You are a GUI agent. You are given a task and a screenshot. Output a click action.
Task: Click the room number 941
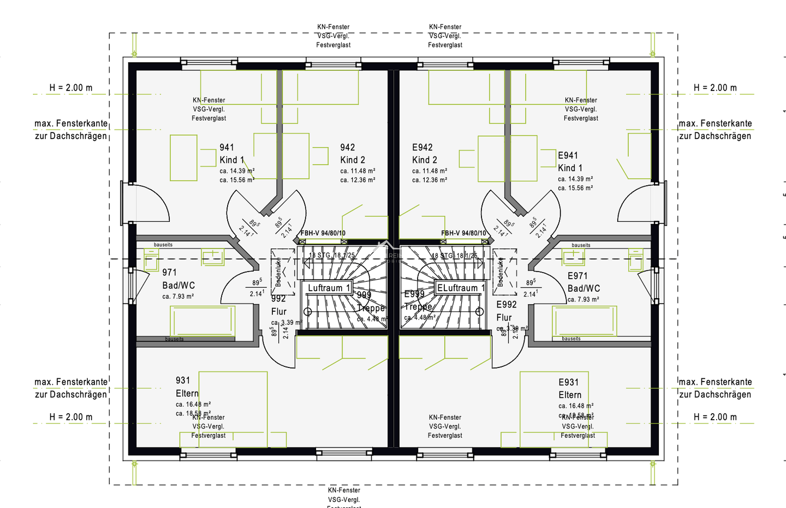(227, 148)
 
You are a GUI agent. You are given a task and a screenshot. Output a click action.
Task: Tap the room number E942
(422, 148)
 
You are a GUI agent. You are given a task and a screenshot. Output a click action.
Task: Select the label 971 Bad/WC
(178, 279)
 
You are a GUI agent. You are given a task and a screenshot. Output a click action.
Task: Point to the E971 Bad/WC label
(583, 282)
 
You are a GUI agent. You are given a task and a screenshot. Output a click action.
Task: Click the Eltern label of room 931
(187, 394)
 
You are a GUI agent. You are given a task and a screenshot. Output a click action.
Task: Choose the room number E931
(568, 382)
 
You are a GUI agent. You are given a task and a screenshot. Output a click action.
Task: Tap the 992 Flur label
(279, 305)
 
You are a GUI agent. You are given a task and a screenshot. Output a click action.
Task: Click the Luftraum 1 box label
(329, 288)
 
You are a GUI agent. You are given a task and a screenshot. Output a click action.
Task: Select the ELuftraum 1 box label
(461, 288)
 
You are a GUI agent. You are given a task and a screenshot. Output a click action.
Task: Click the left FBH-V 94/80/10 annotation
(323, 233)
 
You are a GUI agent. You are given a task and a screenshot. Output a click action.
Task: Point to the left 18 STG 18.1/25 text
(332, 255)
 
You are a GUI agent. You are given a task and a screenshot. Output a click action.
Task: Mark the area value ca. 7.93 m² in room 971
(178, 297)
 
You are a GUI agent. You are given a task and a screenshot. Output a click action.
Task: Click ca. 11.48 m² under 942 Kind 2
(358, 171)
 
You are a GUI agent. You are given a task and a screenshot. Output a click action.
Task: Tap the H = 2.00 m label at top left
(71, 88)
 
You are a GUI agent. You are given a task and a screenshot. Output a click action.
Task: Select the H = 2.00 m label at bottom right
(715, 417)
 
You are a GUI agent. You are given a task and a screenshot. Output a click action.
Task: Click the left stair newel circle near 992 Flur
(308, 312)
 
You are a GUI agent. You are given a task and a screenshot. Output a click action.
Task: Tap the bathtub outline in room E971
(585, 322)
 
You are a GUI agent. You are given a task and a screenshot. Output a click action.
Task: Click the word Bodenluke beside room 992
(278, 273)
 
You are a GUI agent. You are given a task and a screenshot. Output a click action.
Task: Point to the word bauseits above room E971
(581, 245)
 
